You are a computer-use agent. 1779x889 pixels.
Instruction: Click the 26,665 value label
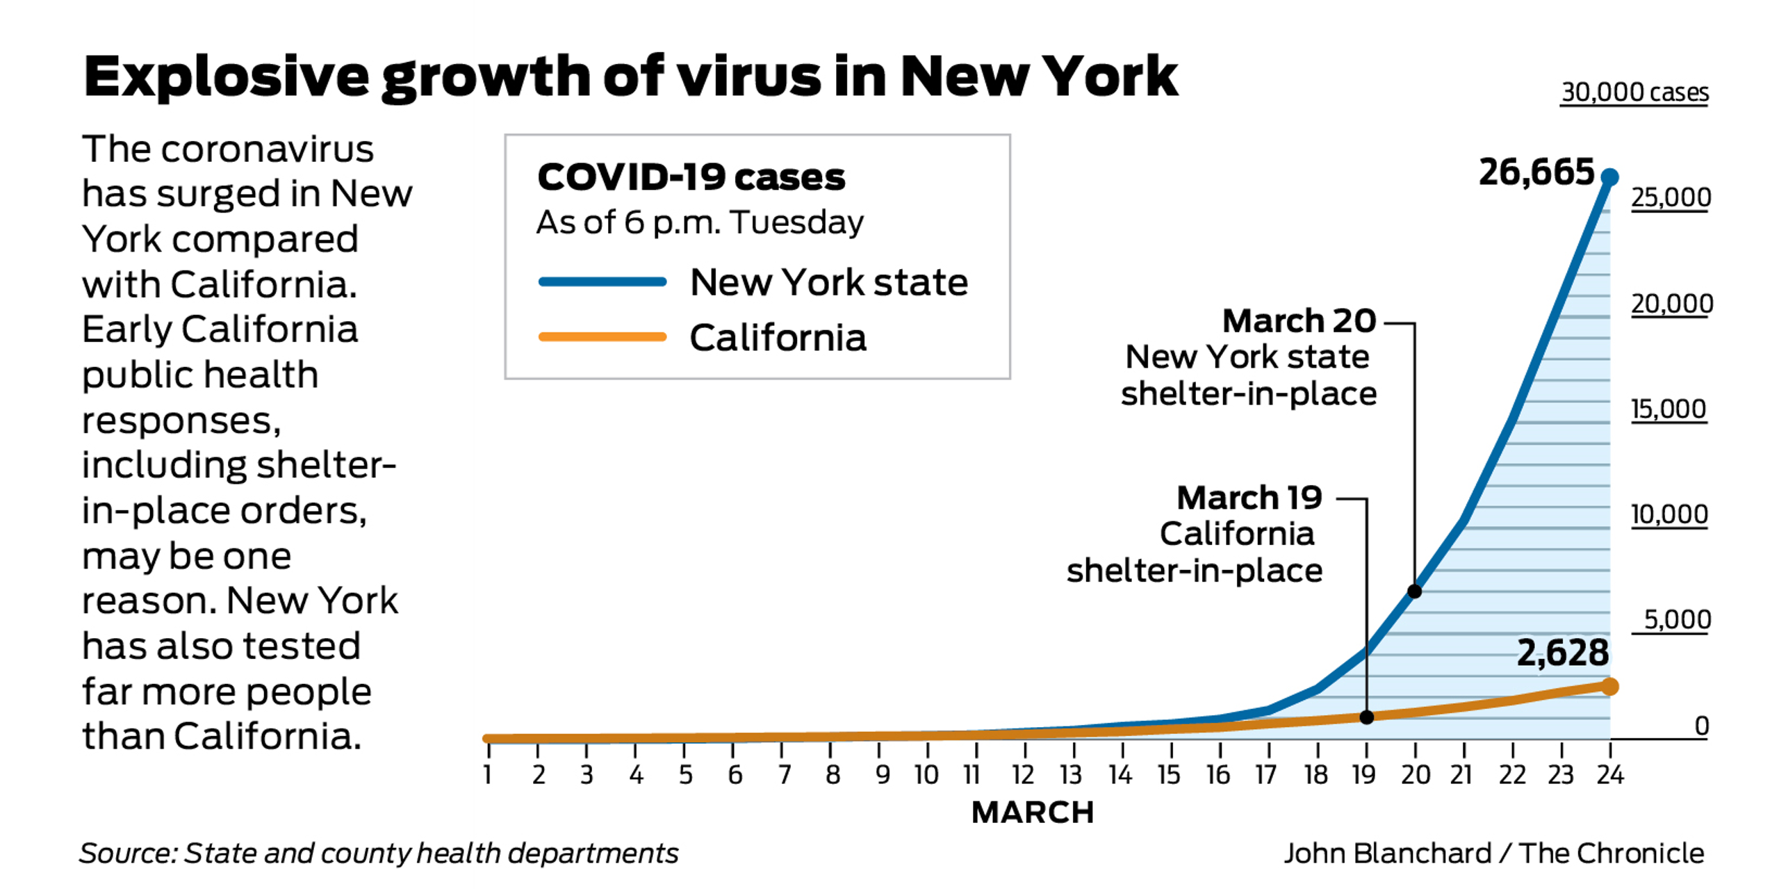(1536, 172)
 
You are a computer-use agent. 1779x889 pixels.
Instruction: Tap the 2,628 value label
(1562, 653)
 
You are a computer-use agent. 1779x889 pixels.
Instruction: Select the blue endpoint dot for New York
(1609, 178)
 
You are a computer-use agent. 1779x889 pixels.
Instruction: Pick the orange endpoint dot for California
(1609, 687)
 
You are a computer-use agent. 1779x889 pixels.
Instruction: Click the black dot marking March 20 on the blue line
(1414, 592)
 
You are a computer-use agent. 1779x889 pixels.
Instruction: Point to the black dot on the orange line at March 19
(1366, 717)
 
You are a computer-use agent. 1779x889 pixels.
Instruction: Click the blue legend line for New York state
(602, 282)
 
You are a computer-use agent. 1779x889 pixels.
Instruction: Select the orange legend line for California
(602, 337)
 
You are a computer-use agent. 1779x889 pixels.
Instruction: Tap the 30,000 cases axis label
(1634, 92)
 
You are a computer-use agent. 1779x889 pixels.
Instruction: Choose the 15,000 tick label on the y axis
(1669, 409)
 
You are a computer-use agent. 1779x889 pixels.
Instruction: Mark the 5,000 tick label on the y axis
(1677, 619)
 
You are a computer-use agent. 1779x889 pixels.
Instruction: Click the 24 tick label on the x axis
(1609, 774)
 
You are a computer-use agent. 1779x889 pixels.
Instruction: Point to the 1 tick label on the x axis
(488, 774)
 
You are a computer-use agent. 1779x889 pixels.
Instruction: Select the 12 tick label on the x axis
(1023, 774)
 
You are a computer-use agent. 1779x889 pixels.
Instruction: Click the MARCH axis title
(1033, 813)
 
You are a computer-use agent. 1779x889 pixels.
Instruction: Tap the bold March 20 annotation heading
(1299, 321)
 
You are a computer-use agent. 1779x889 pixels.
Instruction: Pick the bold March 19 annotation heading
(1249, 498)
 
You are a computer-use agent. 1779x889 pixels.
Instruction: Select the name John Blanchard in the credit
(1387, 854)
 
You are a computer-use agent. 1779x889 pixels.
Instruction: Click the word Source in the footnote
(128, 854)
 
